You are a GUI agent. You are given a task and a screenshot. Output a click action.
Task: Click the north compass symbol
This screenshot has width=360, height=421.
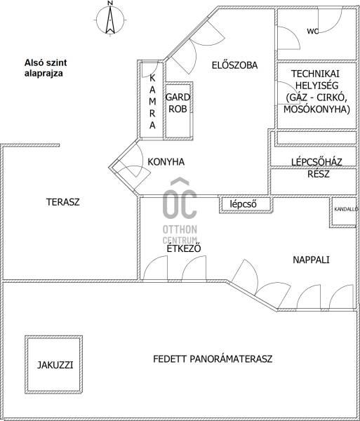[x=110, y=19]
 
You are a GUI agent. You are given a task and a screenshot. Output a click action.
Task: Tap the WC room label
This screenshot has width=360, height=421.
[x=313, y=31]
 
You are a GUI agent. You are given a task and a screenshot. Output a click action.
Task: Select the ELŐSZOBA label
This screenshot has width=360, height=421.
[x=234, y=65]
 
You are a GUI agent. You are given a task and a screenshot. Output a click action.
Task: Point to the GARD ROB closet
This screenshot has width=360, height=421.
[x=178, y=111]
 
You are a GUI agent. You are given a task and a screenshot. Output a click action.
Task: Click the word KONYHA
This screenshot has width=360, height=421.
[x=166, y=162]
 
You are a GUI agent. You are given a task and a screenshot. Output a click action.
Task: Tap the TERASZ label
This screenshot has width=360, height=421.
[x=63, y=202]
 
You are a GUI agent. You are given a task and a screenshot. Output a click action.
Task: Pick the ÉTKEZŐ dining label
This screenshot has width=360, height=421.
[x=184, y=248]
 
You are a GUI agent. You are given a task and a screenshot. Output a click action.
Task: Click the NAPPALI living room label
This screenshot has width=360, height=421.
[x=311, y=260]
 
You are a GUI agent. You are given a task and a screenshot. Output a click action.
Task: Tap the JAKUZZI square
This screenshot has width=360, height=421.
[x=54, y=365]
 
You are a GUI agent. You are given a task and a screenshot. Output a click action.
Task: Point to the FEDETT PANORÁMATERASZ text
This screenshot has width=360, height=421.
[x=213, y=359]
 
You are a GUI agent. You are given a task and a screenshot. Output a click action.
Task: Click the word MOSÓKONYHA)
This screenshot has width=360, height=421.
[x=316, y=109]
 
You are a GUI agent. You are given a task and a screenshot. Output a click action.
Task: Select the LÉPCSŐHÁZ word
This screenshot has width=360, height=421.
[x=316, y=162]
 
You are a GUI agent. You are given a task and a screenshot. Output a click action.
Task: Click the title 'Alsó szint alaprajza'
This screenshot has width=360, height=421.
[x=46, y=68]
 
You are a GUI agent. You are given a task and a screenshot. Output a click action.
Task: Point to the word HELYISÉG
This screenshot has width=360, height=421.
[x=316, y=86]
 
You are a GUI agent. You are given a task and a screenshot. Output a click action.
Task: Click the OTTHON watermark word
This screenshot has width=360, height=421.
[x=180, y=229]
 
